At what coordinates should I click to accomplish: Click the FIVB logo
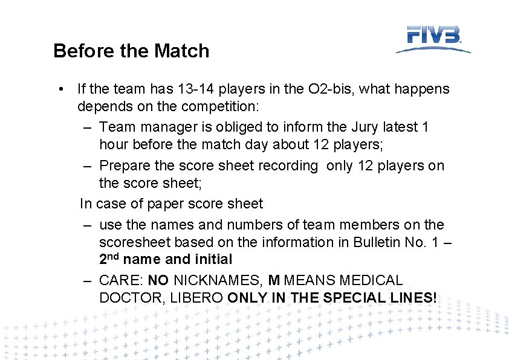point(433,39)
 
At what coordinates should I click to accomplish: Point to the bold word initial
point(213,260)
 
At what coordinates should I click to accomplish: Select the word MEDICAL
point(371,281)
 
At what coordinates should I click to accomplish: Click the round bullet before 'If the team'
point(62,89)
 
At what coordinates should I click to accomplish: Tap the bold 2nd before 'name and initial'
point(109,260)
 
